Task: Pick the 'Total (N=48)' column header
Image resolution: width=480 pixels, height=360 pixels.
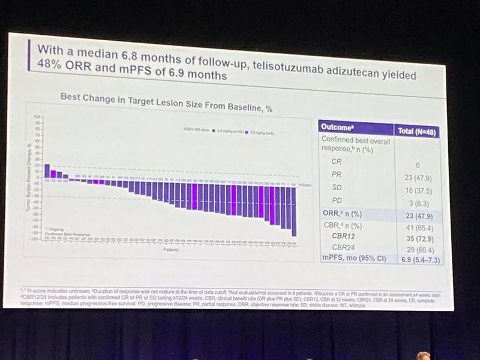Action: (418, 130)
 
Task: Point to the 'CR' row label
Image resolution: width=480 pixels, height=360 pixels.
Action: (337, 161)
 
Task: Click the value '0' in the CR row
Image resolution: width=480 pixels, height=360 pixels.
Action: (417, 165)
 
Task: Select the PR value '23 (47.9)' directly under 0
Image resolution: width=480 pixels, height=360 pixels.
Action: (418, 178)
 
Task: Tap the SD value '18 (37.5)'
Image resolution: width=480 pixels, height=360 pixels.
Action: (418, 191)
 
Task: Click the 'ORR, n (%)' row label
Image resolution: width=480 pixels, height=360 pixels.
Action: (342, 213)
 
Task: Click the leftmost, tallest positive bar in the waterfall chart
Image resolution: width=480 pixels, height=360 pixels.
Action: (47, 171)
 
